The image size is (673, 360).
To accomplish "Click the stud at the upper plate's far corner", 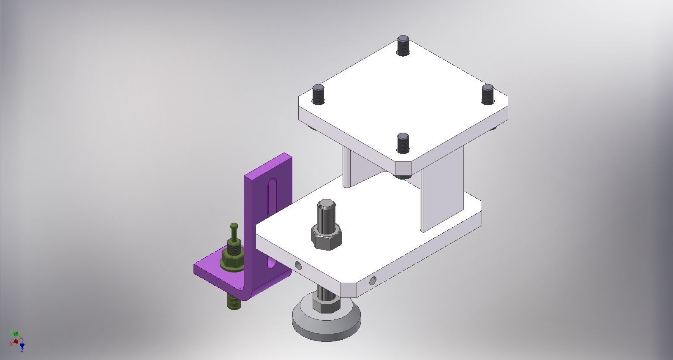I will click(403, 45).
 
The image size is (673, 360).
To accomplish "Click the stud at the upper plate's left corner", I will click(318, 94).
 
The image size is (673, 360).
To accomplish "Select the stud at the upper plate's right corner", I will click(487, 94).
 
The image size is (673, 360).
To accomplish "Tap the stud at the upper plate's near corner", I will click(403, 143).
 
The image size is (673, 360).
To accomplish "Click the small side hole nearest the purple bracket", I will click(298, 265).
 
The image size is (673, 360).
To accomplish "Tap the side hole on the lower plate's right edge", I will click(373, 281).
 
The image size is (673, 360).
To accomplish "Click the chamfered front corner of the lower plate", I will click(349, 290).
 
